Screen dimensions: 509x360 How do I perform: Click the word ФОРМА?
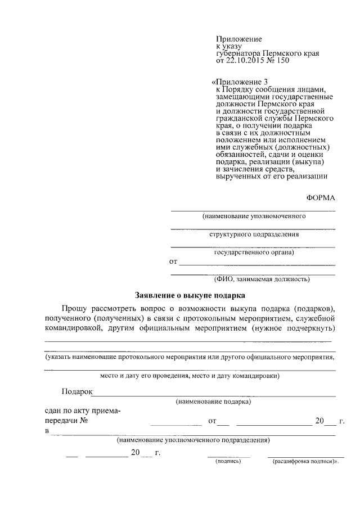click(321, 197)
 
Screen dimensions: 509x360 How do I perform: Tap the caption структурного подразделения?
click(254, 234)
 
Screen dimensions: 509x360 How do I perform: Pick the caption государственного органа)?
click(254, 252)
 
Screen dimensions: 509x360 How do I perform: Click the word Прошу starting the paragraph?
click(76, 308)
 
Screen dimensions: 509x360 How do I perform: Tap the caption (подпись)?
click(228, 461)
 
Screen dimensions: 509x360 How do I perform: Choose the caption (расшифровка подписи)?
click(305, 461)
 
